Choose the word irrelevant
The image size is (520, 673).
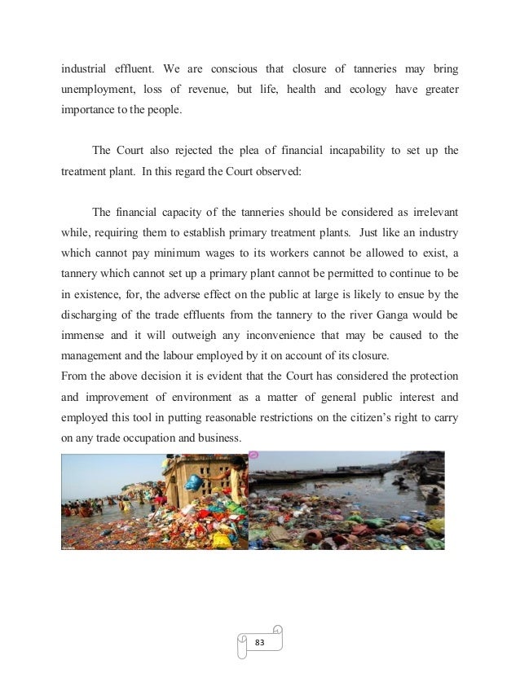430,213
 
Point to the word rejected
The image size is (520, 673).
191,150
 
